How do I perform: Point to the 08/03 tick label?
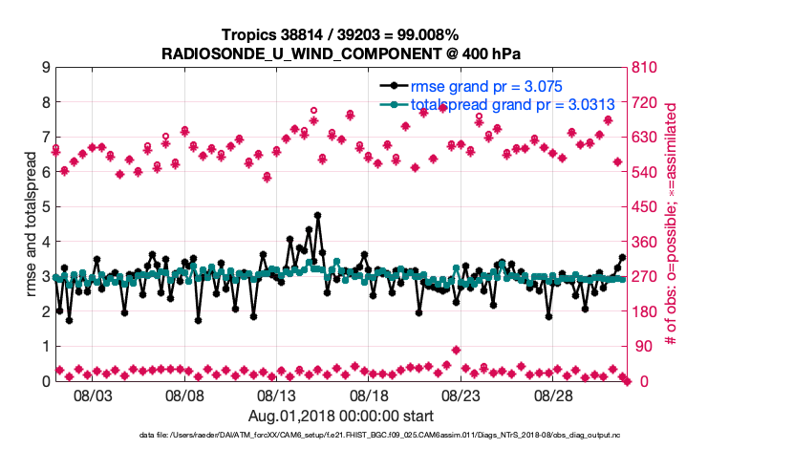pos(94,396)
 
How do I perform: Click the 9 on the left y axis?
pos(45,68)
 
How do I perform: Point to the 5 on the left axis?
pos(45,207)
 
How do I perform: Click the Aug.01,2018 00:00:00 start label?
pos(341,416)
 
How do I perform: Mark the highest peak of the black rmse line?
pos(317,216)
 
